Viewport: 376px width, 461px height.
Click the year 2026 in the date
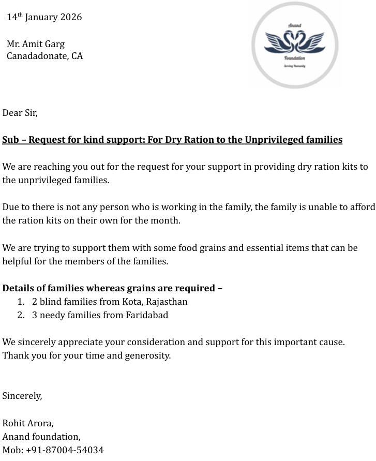click(71, 17)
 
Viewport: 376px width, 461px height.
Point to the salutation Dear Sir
click(20, 112)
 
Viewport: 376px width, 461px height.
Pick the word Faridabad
click(147, 315)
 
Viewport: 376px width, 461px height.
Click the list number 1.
click(20, 301)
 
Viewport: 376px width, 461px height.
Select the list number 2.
click(20, 315)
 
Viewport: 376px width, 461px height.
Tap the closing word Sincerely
click(22, 396)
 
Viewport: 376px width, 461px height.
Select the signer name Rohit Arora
click(28, 423)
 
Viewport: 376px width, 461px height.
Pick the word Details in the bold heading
click(18, 288)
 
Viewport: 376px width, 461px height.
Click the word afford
click(362, 207)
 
